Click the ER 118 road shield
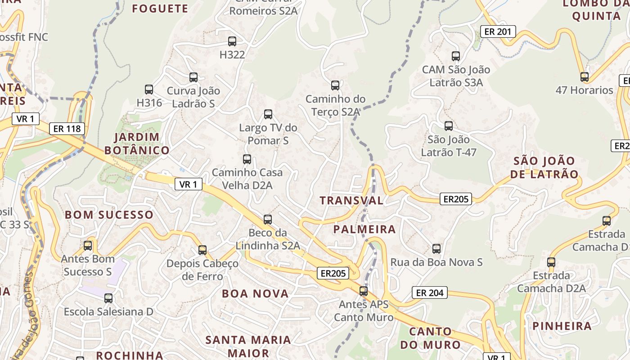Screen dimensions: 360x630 tap(67, 129)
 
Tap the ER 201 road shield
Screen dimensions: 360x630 tap(498, 31)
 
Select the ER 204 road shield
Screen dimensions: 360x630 tap(430, 293)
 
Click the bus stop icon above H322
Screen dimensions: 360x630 tap(232, 41)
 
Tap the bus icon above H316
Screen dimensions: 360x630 tap(149, 90)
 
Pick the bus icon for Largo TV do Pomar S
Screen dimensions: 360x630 tap(268, 114)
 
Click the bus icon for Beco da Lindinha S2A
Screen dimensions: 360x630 tap(268, 220)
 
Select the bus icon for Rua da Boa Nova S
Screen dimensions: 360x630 tap(436, 249)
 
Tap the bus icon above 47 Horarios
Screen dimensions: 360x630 tap(585, 77)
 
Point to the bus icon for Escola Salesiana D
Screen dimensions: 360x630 tap(108, 298)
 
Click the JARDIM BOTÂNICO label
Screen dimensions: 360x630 tap(137, 144)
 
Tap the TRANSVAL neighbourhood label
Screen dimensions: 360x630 tap(351, 201)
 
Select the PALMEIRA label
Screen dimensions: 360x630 tap(364, 229)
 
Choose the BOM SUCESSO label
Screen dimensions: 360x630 tap(109, 215)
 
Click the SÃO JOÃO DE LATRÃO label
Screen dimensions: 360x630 tap(545, 167)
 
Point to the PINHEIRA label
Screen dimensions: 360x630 tap(562, 326)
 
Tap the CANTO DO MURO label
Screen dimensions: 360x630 tap(431, 338)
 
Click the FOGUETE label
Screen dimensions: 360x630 tap(160, 9)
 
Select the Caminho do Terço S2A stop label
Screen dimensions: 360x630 tap(335, 105)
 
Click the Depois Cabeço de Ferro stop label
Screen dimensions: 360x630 tap(202, 270)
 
